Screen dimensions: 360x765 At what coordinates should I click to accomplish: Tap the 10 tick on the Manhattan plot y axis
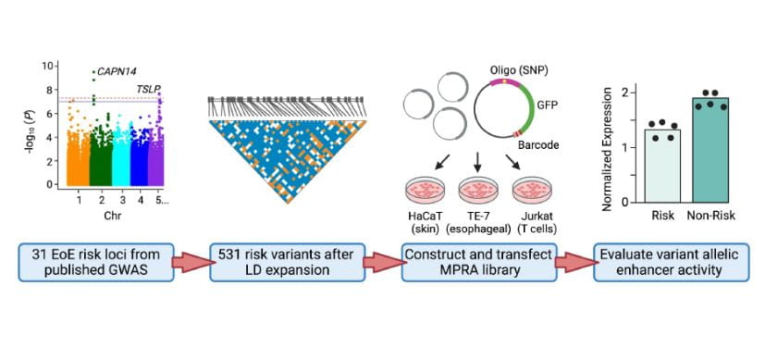(x=48, y=67)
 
